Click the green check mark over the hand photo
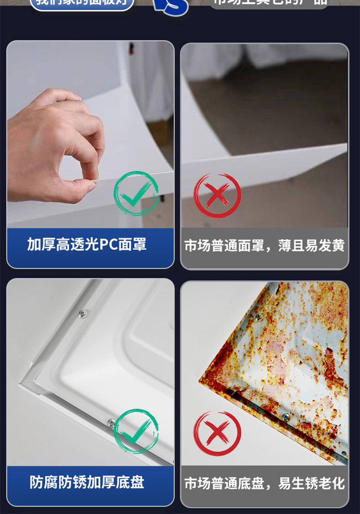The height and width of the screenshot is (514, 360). (x=136, y=193)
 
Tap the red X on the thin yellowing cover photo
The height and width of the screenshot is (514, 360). (x=217, y=195)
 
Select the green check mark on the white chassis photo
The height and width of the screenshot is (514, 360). (x=136, y=431)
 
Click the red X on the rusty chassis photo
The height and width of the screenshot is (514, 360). (x=217, y=433)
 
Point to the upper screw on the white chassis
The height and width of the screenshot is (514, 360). (x=82, y=313)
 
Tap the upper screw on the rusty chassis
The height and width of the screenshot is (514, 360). (x=258, y=317)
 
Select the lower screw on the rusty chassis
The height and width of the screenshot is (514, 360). (x=286, y=416)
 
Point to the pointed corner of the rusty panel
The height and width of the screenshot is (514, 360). (x=201, y=378)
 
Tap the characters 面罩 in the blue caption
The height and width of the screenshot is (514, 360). (x=133, y=244)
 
